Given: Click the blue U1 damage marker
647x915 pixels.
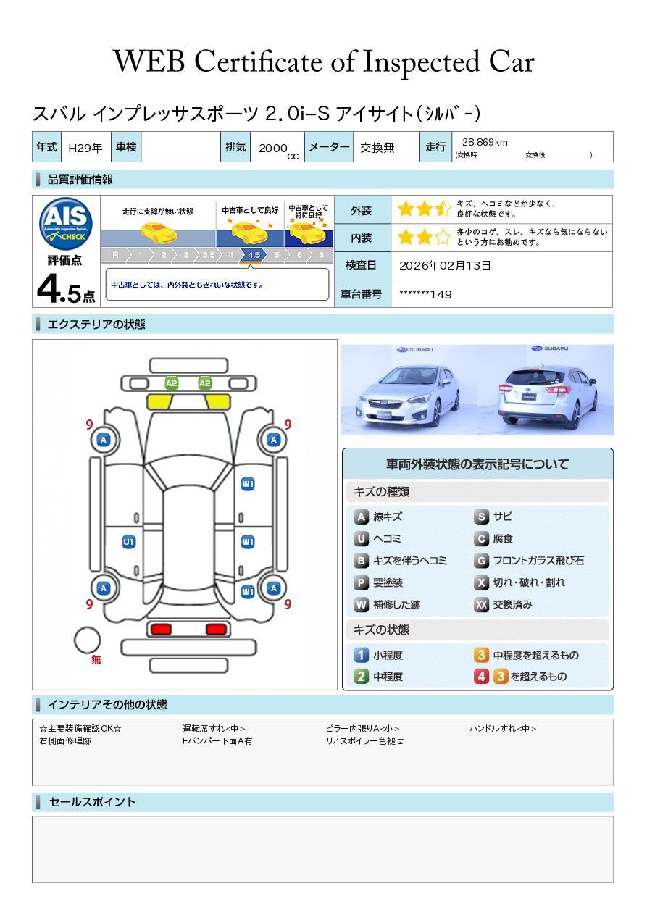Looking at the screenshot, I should (128, 542).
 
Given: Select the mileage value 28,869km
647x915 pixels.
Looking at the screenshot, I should (485, 143).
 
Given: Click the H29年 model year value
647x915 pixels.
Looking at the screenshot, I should (85, 148).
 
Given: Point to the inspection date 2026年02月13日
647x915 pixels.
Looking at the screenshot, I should (445, 266).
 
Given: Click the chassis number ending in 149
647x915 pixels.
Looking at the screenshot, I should (425, 294).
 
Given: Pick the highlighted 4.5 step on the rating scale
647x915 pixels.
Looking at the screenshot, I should (254, 255).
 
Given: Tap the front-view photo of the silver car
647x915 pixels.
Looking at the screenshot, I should (409, 389).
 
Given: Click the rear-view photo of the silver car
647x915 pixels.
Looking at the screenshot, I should (546, 389).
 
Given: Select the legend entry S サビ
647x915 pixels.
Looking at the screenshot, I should (493, 517).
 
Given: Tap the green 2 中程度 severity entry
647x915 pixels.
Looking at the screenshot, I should (378, 677).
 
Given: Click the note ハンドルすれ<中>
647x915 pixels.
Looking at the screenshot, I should (503, 729).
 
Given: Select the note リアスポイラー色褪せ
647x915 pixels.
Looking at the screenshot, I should (364, 741).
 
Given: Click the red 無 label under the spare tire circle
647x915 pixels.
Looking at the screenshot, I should (96, 661).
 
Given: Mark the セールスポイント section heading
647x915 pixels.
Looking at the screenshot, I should (92, 802).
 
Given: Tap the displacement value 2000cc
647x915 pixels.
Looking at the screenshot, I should (277, 149).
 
